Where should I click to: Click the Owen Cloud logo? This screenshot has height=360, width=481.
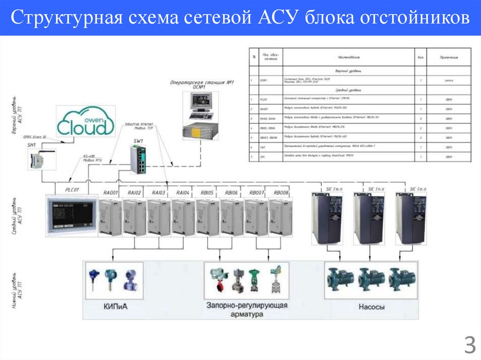click(x=85, y=122)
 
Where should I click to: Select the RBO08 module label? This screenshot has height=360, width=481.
click(x=281, y=193)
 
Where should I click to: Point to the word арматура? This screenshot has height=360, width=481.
click(x=247, y=314)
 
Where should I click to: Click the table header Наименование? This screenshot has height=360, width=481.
click(x=348, y=57)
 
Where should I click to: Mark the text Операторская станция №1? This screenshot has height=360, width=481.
click(x=202, y=83)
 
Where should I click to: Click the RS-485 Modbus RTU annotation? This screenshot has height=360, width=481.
click(x=92, y=159)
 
